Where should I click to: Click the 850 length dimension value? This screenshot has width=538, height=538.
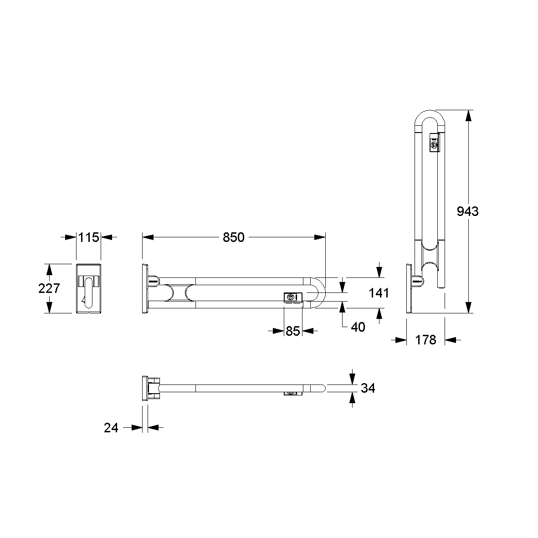point(234,237)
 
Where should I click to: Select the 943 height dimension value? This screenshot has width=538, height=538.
point(468,211)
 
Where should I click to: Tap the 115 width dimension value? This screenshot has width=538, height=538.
point(88,237)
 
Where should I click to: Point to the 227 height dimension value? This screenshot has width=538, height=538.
point(50,288)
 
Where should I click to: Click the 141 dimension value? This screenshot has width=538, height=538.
point(379,292)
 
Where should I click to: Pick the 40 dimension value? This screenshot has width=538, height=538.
point(359,327)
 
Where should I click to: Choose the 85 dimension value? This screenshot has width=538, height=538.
point(293,331)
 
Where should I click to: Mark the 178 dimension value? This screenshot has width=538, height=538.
point(426,339)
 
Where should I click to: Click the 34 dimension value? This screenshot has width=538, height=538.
point(368,388)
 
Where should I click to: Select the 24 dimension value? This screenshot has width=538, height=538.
point(111,427)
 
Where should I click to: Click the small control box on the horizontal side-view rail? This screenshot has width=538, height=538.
point(292,297)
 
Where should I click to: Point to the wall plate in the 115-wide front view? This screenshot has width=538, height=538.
point(88,288)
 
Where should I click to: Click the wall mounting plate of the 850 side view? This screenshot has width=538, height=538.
point(145,288)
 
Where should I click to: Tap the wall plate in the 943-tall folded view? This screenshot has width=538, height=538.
point(409,288)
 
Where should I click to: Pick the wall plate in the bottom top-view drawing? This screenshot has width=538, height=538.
point(145,388)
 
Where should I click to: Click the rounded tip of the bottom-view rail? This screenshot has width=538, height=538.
point(323,388)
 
